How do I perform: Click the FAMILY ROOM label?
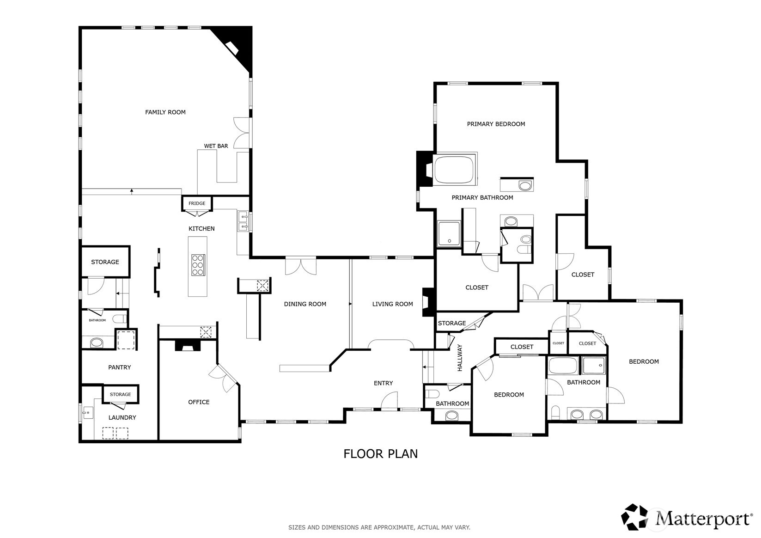(165, 112)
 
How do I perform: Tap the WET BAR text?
(216, 146)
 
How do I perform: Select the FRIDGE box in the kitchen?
(197, 203)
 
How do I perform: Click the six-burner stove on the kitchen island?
(198, 265)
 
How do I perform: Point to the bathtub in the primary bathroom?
(454, 170)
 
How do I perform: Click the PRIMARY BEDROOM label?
(495, 124)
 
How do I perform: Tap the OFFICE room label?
(199, 402)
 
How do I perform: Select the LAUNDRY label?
(122, 417)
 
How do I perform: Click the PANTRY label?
(119, 367)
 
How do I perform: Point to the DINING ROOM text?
(305, 304)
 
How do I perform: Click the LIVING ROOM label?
(392, 304)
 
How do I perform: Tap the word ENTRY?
(383, 383)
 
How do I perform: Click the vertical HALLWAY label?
(459, 358)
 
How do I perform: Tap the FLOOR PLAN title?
(380, 454)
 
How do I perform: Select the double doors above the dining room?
(301, 267)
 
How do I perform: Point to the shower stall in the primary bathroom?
(449, 233)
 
